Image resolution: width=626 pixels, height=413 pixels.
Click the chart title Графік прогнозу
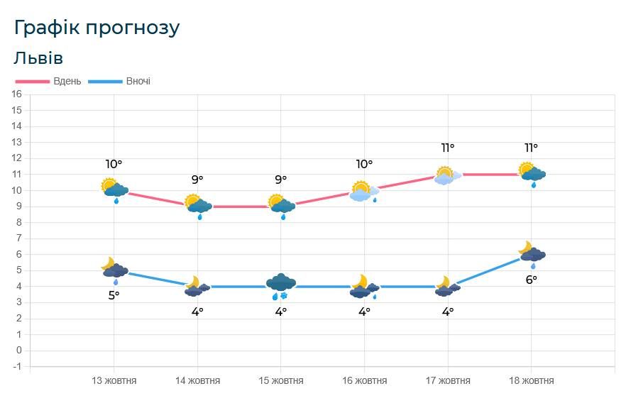coord(97,28)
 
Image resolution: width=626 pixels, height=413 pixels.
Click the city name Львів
coord(38,57)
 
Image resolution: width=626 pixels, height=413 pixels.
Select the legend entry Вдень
coord(67,81)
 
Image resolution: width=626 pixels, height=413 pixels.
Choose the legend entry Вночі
coord(138,81)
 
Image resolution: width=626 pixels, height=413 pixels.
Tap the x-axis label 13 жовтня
coord(114,380)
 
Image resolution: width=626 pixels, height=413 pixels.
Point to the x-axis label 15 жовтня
coord(281,380)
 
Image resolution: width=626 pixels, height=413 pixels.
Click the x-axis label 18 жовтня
coord(532,380)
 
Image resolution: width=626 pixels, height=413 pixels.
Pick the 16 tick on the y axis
coord(17,94)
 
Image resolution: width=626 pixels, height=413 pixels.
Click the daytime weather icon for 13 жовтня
coord(114,189)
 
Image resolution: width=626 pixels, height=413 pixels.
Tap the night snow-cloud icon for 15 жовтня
coord(281,286)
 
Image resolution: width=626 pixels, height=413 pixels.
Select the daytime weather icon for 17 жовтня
coord(448,175)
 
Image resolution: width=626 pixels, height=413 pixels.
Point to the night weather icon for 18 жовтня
coord(532,253)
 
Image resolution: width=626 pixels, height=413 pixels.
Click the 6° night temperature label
coord(531,280)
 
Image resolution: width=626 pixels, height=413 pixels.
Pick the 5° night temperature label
coord(114,295)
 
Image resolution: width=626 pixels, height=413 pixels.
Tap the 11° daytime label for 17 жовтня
coord(448,148)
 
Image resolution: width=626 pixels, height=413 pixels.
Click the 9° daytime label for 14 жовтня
coord(197,180)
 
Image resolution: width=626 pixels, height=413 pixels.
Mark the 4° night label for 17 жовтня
coord(448,311)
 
